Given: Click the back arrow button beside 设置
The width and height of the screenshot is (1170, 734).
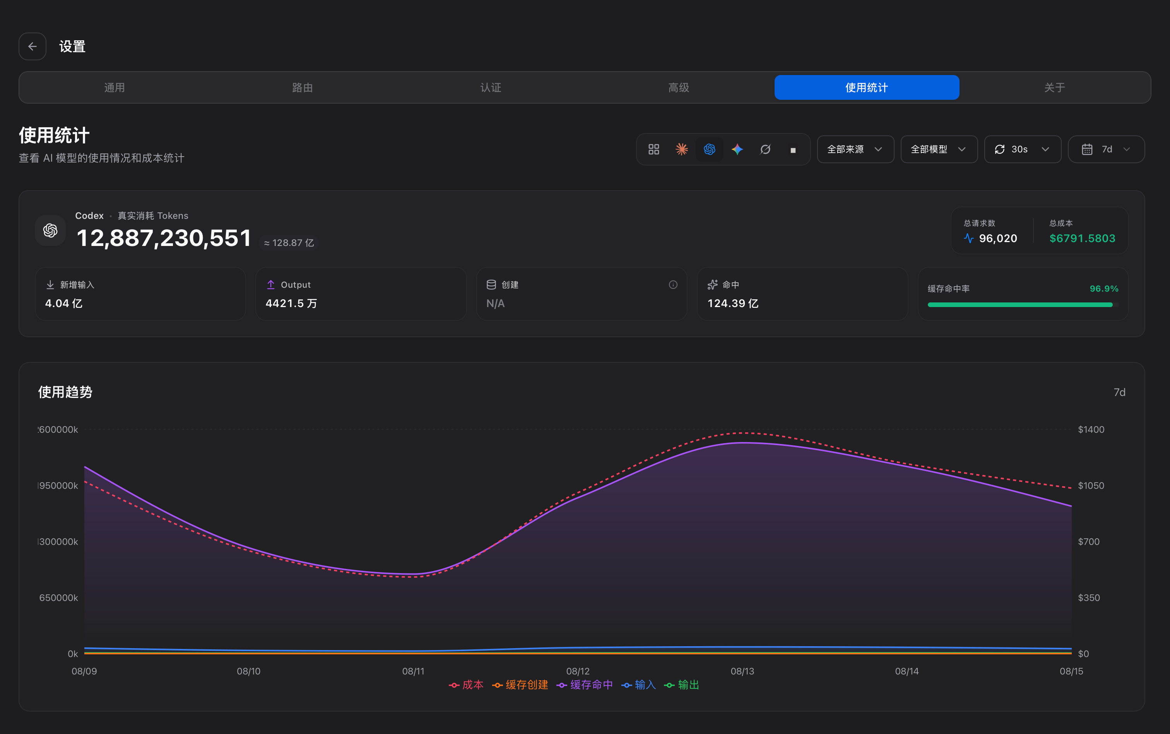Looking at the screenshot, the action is coord(32,47).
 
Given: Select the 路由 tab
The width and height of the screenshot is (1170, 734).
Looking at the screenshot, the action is coord(302,87).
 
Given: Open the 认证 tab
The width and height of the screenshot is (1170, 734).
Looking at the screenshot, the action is coord(491,87).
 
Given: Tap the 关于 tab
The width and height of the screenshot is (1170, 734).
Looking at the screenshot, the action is coord(1054,87).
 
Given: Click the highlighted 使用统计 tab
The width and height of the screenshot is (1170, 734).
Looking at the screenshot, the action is coord(866,87).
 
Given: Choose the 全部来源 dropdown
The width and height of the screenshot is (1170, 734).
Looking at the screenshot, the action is coord(855,149).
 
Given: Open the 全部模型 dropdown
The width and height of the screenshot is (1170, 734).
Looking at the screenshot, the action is coord(939,149).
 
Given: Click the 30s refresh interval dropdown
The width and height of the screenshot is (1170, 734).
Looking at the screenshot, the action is coord(1022,149).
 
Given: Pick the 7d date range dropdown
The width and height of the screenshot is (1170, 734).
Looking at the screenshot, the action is coord(1106,149).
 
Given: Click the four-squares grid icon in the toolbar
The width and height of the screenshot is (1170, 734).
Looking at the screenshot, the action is coord(654,149).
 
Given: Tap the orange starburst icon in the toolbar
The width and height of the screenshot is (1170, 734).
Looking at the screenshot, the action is coord(681,149).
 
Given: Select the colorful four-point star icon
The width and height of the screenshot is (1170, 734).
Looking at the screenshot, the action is coord(737,149).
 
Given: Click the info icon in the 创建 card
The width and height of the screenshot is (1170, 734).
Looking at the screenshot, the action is coord(673,285).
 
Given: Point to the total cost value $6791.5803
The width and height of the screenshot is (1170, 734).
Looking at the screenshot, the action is coord(1082,238).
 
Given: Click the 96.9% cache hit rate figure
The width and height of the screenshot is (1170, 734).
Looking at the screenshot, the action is coord(1104,288).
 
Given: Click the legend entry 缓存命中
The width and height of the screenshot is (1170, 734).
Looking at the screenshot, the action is coord(585,684).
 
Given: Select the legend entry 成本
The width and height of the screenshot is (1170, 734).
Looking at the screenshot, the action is coord(466,684).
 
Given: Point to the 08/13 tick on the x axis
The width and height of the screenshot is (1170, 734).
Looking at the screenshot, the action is coord(742,671).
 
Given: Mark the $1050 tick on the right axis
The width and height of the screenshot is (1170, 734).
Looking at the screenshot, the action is coord(1091,485).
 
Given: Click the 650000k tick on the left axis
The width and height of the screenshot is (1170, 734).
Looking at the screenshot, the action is coord(58,597).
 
